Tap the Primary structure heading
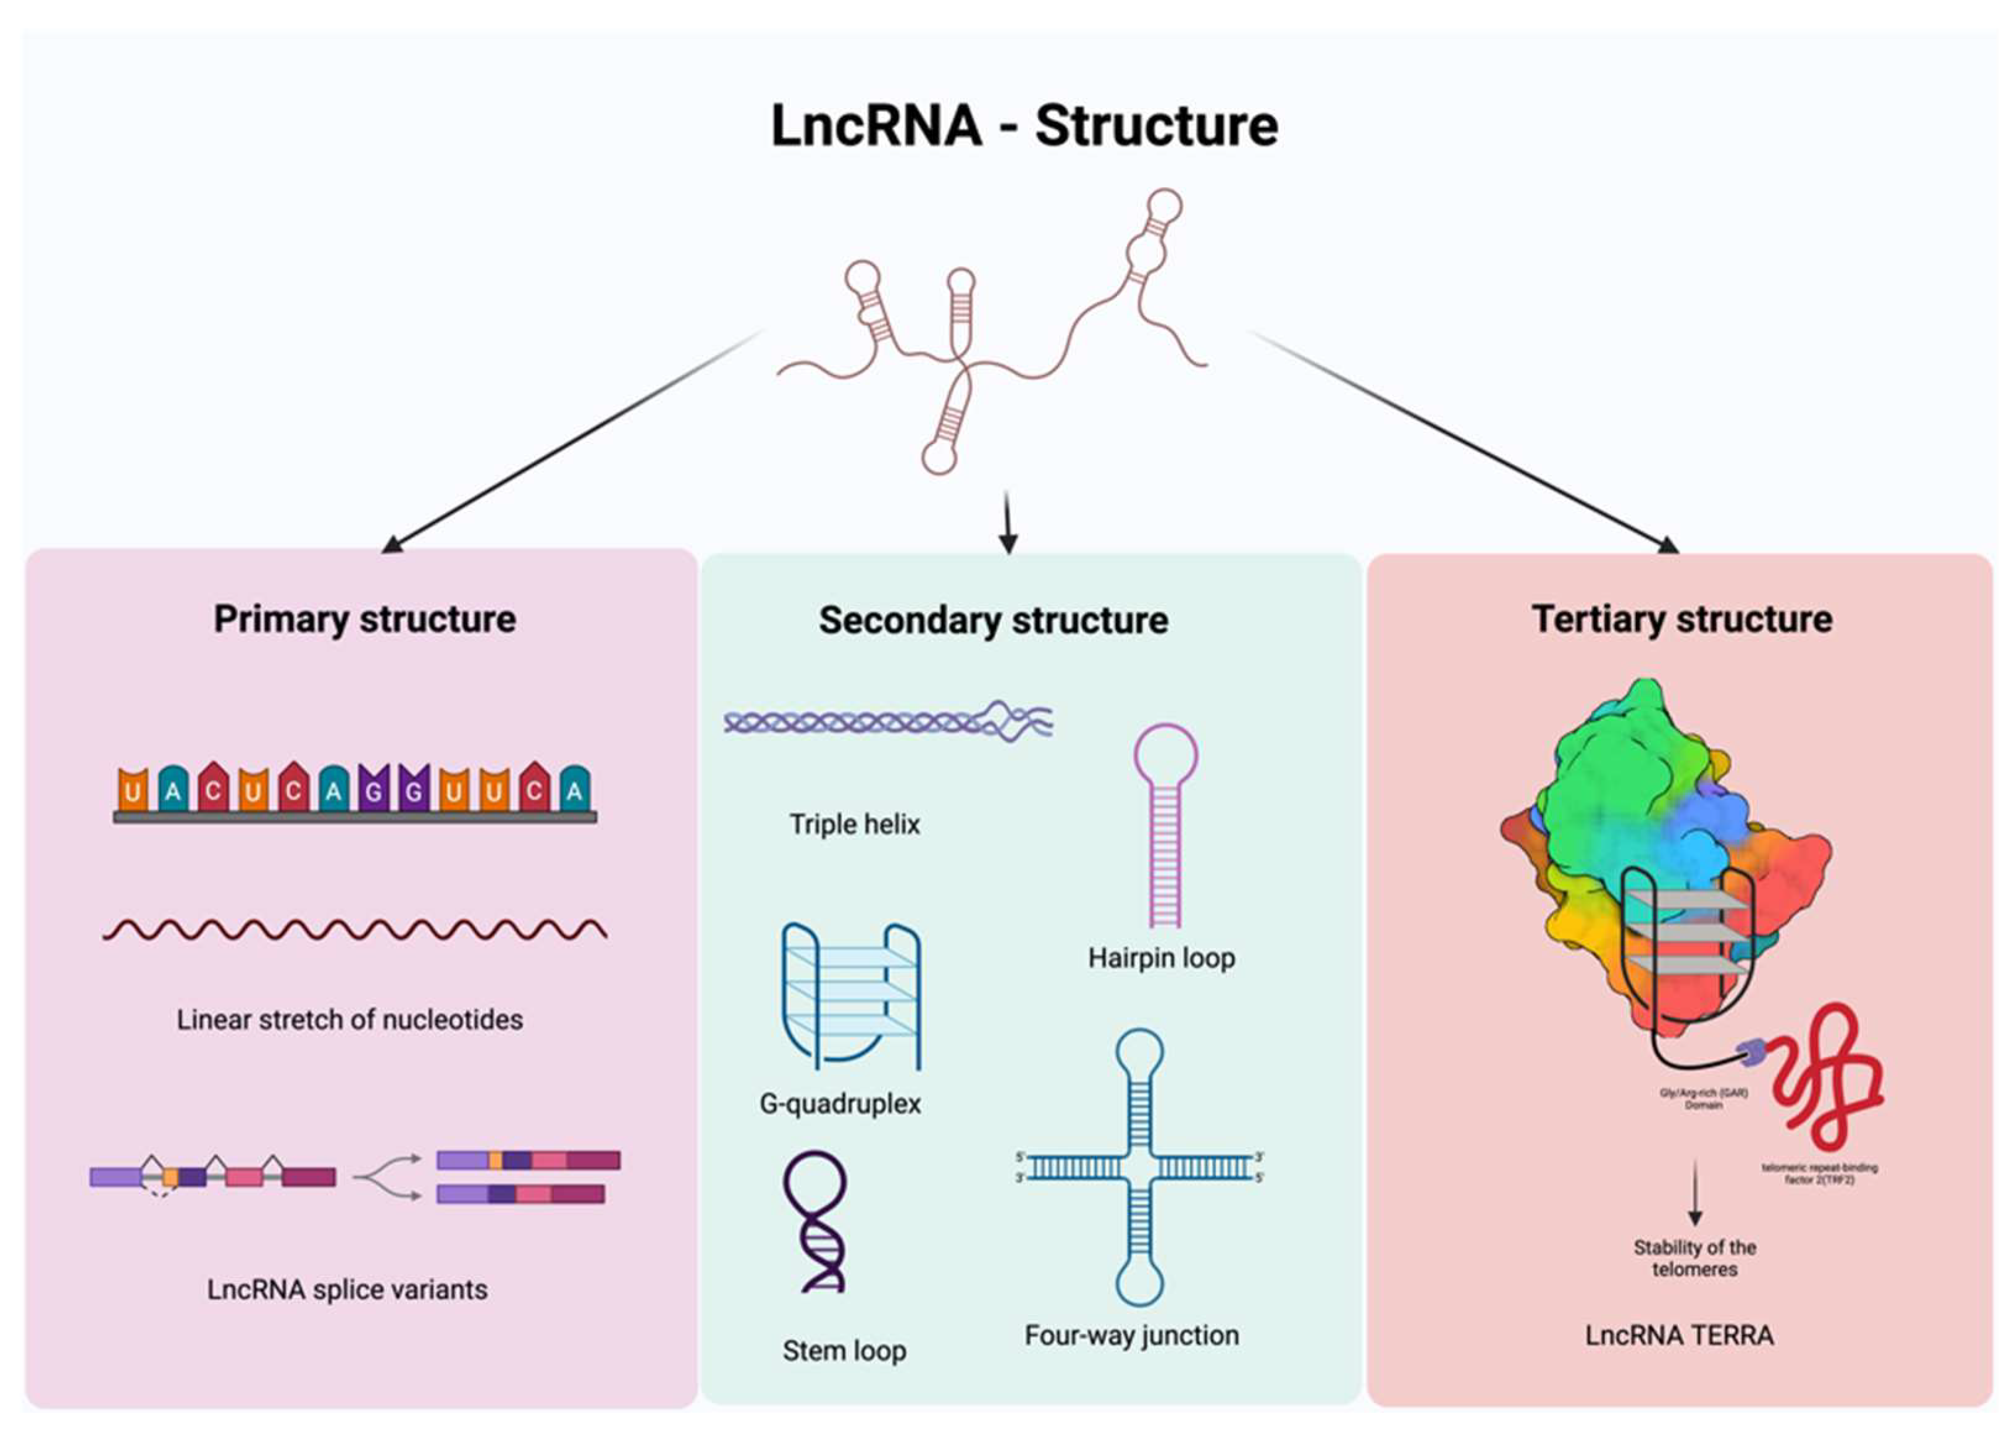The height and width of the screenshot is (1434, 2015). pyautogui.click(x=365, y=619)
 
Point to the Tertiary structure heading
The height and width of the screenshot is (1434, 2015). pyautogui.click(x=1682, y=619)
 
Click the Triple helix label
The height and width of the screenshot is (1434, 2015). pyautogui.click(x=854, y=824)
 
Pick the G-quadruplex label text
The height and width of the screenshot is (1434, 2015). pyautogui.click(x=840, y=1103)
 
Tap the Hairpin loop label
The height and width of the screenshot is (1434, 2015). pyautogui.click(x=1160, y=957)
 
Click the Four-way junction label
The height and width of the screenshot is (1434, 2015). pyautogui.click(x=1131, y=1335)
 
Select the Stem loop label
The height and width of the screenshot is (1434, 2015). pyautogui.click(x=844, y=1350)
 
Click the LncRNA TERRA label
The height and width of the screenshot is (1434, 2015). pyautogui.click(x=1678, y=1335)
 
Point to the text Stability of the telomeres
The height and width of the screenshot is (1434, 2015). pyautogui.click(x=1694, y=1258)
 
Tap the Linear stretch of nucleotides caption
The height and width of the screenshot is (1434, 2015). pyautogui.click(x=350, y=1020)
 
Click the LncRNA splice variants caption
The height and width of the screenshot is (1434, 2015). pyautogui.click(x=347, y=1289)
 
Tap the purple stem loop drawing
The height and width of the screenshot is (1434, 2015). pyautogui.click(x=814, y=1223)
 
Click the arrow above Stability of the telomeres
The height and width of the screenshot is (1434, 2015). pyautogui.click(x=1694, y=1192)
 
